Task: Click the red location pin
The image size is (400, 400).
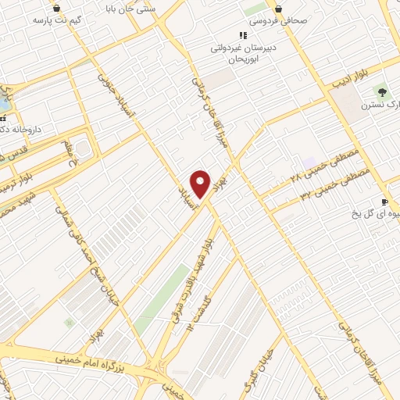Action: point(201,184)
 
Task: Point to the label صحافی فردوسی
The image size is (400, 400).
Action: point(299,22)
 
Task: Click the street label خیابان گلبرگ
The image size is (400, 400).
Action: point(264,362)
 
